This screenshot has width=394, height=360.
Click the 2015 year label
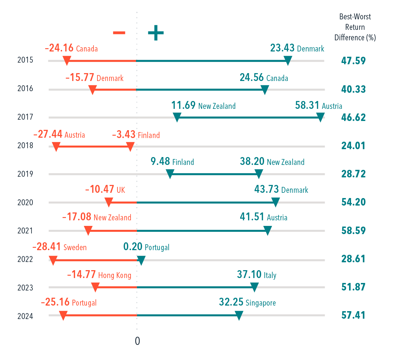tap(25, 60)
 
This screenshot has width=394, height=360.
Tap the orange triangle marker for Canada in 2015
tap(67, 61)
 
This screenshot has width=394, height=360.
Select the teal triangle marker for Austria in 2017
tap(321, 117)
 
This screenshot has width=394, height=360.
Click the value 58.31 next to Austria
tap(307, 105)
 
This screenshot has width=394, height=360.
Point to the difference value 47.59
tap(353, 61)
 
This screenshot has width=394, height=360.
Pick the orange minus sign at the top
tap(119, 33)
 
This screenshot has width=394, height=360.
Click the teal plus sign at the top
tap(156, 33)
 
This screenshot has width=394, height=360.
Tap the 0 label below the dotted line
tap(137, 341)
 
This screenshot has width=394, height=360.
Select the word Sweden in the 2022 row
tap(75, 247)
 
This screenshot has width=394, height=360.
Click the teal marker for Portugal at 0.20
tap(141, 261)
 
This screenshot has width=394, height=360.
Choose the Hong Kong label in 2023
tap(115, 275)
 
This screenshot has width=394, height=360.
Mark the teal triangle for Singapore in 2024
tap(239, 316)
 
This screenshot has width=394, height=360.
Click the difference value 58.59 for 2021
tap(353, 230)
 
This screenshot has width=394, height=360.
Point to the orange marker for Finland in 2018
tap(131, 147)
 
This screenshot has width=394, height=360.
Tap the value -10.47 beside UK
tap(100, 190)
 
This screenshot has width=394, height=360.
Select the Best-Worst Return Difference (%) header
tap(355, 27)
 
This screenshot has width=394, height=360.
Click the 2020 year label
tap(25, 203)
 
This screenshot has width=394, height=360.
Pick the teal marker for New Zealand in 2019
tap(259, 174)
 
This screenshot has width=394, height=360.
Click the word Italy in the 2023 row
tap(270, 275)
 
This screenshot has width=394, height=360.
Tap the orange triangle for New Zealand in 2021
tap(88, 231)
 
